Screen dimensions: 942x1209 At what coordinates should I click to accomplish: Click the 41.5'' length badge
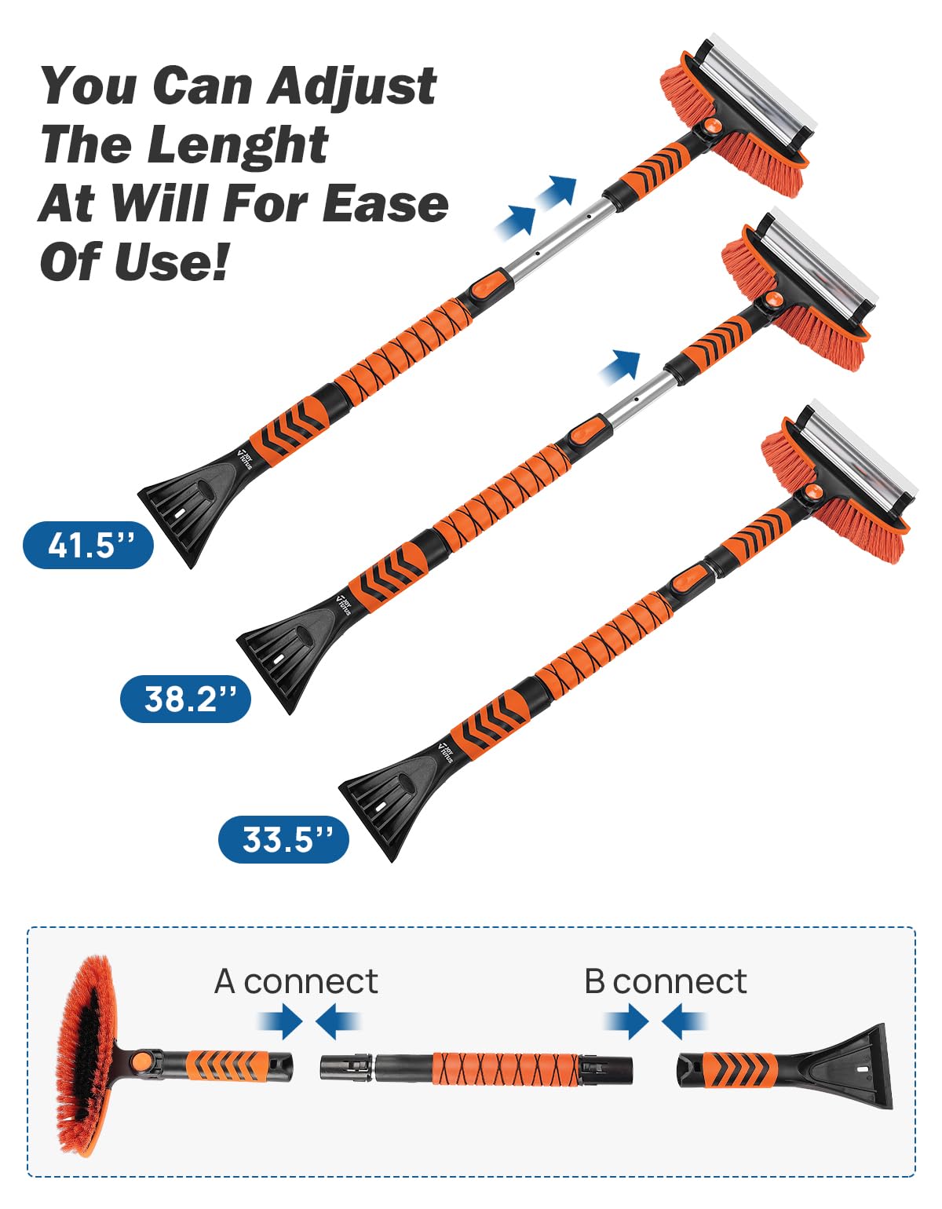pyautogui.click(x=88, y=545)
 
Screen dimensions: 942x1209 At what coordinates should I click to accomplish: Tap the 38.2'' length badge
pyautogui.click(x=186, y=698)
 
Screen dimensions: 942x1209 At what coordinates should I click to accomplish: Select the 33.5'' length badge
pyautogui.click(x=283, y=839)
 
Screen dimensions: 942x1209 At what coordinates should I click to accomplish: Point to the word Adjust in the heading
pyautogui.click(x=352, y=86)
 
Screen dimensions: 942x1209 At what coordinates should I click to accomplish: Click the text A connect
pyautogui.click(x=296, y=981)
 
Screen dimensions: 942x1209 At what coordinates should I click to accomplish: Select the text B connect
pyautogui.click(x=665, y=981)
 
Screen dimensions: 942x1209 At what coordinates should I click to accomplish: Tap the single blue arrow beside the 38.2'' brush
pyautogui.click(x=621, y=366)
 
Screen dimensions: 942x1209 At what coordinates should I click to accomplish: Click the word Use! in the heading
pyautogui.click(x=173, y=261)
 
